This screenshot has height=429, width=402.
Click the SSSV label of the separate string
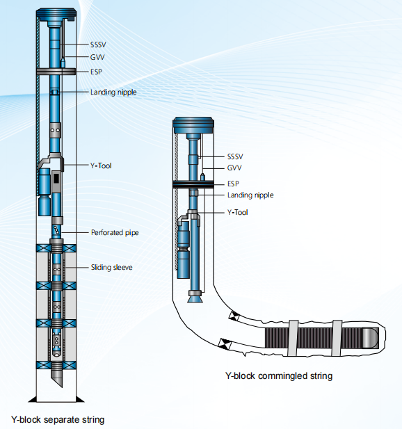tap(98, 44)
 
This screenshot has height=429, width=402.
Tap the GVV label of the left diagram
tap(97, 57)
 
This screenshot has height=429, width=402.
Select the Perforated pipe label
tap(115, 232)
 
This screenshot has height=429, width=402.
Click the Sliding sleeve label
tap(112, 267)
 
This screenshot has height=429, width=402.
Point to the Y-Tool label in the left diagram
tap(101, 165)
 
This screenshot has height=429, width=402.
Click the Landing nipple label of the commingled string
tap(250, 195)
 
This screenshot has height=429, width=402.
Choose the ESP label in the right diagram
tap(233, 184)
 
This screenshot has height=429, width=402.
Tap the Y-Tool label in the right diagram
tap(238, 212)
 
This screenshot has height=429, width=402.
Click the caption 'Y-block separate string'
tap(58, 420)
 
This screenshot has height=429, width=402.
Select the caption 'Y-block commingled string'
tap(279, 376)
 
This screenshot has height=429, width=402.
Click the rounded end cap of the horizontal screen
tap(371, 338)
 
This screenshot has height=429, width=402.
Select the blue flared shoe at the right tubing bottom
tap(195, 297)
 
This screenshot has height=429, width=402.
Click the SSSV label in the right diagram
tap(235, 156)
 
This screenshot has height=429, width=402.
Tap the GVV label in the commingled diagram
tap(234, 168)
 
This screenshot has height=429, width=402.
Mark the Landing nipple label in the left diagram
tap(113, 92)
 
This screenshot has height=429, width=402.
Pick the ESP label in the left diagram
tap(96, 72)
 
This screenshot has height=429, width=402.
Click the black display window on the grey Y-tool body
tap(56, 179)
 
